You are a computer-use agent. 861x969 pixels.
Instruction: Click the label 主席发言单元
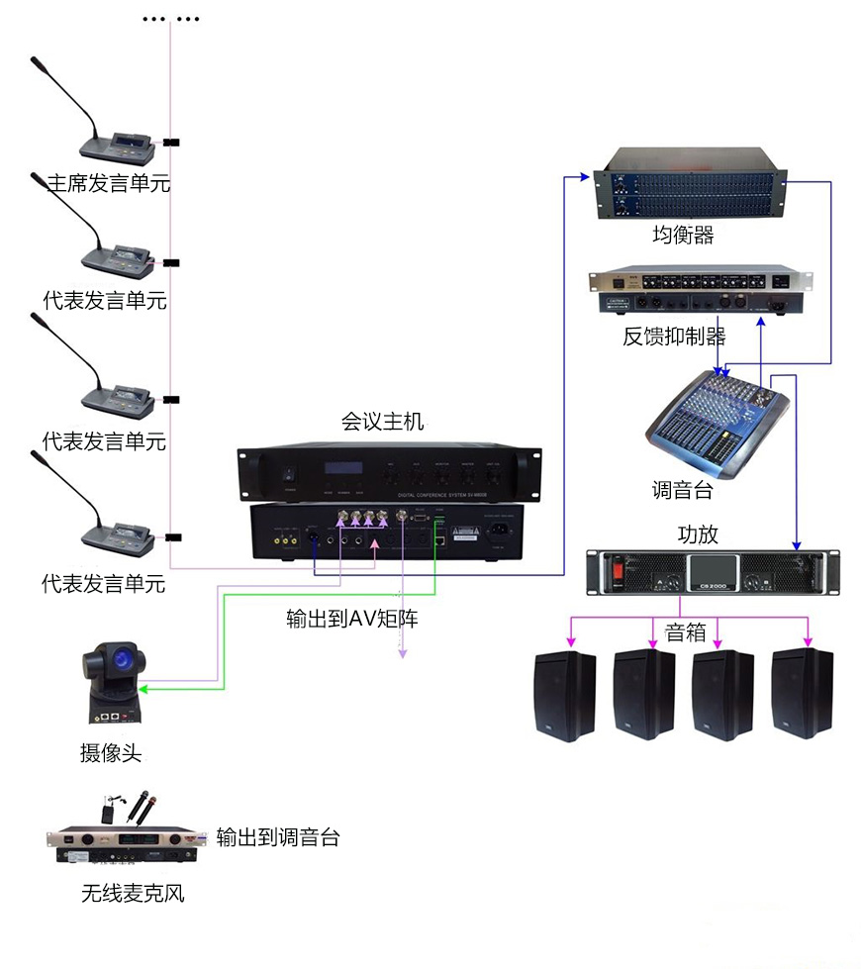109,183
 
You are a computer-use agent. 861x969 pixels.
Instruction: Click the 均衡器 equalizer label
683,236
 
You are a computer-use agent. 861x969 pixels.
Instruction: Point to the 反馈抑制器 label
674,337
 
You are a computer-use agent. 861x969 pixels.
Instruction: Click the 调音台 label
682,490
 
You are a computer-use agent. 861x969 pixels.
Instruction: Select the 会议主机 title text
382,423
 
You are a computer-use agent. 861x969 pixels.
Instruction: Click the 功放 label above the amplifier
697,534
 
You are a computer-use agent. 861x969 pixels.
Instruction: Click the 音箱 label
686,632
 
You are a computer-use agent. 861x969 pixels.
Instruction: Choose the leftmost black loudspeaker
564,694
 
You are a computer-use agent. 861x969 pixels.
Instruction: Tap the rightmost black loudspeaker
803,693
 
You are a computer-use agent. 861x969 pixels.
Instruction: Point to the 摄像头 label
111,753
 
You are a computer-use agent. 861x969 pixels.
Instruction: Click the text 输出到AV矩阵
351,621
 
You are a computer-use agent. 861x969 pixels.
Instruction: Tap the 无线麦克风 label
133,895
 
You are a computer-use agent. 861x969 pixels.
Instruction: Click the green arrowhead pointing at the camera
144,689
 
